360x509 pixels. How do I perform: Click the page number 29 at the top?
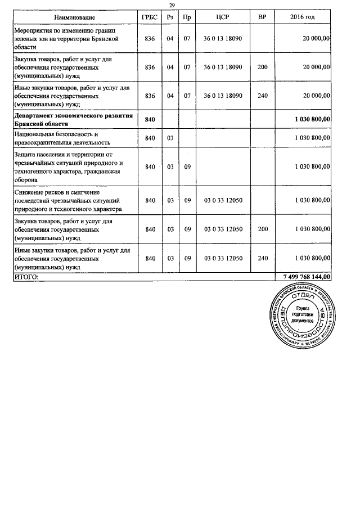[172, 5]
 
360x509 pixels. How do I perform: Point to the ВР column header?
[262, 18]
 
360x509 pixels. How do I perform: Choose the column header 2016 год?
[303, 18]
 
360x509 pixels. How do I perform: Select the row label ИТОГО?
[26, 277]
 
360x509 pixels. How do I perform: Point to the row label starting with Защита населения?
[67, 166]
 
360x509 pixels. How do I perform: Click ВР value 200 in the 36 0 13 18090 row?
[262, 67]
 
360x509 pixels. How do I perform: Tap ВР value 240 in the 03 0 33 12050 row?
[262, 258]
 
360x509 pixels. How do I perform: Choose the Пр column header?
[187, 18]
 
